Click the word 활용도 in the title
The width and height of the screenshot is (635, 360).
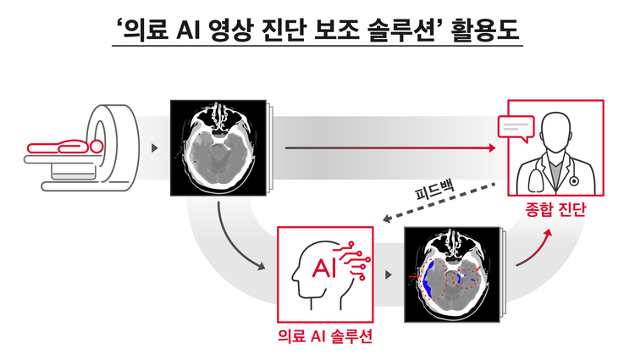click(486, 30)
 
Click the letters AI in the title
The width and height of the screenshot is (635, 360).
click(188, 30)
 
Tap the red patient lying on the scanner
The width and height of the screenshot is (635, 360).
click(65, 146)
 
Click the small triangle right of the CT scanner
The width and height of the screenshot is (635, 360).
click(154, 148)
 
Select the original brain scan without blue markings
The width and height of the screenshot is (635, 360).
click(218, 147)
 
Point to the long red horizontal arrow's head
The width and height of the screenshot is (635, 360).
click(493, 147)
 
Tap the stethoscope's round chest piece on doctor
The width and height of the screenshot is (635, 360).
click(573, 181)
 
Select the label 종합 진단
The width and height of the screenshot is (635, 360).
click(555, 209)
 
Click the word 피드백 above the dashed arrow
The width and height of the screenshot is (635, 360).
click(435, 189)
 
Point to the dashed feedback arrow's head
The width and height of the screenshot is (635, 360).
click(387, 219)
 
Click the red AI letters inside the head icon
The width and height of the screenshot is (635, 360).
click(324, 268)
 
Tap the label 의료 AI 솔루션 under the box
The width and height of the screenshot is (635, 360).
click(325, 336)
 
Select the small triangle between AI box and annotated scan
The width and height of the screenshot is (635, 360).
click(389, 275)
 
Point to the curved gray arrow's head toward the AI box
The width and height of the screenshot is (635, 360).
click(262, 267)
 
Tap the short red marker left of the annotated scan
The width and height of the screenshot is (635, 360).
click(414, 276)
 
